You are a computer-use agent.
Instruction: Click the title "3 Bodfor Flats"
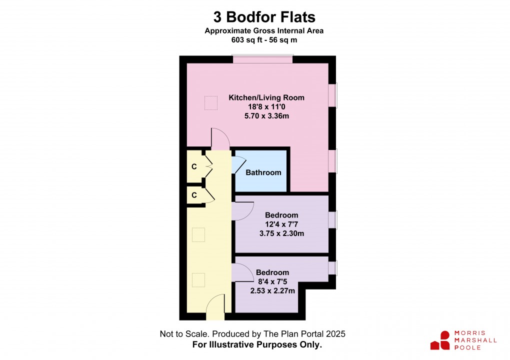(x=264, y=17)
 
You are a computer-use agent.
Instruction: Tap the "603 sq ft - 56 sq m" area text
(x=264, y=40)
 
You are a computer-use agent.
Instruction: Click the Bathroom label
(x=263, y=172)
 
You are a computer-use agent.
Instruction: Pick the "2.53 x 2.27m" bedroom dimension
(x=272, y=290)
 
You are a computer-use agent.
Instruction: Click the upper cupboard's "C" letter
(x=194, y=166)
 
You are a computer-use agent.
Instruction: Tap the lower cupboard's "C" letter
(x=194, y=195)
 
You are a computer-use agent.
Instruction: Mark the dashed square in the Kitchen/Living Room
(x=211, y=102)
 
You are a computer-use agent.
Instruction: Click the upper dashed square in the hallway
(x=199, y=235)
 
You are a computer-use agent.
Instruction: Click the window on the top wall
(x=262, y=59)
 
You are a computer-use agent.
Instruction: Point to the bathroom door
(x=238, y=164)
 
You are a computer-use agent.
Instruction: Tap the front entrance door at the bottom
(x=215, y=307)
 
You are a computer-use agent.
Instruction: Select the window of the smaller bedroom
(x=332, y=267)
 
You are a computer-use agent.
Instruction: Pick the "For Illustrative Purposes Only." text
(x=257, y=345)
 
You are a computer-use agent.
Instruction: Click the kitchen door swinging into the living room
(x=219, y=139)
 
